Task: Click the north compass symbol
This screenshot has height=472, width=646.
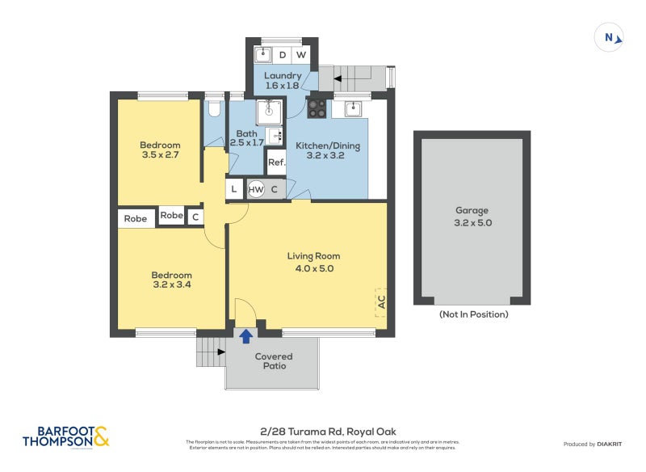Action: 610,37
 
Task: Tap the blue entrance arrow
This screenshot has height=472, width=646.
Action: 245,335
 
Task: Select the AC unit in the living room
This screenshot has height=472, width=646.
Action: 380,303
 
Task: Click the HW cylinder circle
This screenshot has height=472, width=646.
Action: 256,190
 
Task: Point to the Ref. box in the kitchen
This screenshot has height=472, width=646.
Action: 276,162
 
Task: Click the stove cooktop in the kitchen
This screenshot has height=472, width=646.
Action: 317,109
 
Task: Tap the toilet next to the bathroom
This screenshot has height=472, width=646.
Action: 214,107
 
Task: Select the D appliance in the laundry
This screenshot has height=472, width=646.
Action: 282,55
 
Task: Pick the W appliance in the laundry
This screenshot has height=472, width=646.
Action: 300,55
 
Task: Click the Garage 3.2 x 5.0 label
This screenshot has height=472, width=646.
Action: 472,217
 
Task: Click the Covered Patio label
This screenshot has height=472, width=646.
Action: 274,361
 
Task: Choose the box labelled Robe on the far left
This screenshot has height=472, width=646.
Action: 136,218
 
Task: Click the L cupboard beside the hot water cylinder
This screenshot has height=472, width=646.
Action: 234,190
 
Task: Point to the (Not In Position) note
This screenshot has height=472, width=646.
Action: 472,314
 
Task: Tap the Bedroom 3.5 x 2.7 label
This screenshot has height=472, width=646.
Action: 160,150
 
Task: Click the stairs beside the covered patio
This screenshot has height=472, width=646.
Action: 210,352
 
